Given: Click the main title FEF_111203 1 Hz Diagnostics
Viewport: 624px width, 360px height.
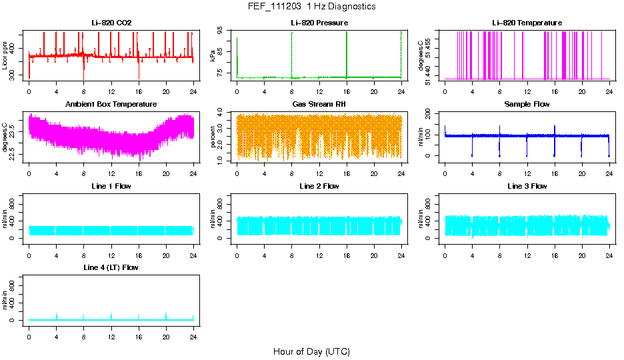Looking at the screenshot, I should click(311, 7).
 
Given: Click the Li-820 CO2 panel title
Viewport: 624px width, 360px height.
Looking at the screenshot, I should click(111, 23).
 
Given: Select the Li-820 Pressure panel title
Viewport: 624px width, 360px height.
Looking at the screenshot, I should click(319, 23).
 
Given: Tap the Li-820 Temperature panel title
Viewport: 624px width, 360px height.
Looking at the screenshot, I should click(527, 23).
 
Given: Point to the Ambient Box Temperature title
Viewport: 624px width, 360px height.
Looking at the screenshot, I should click(111, 105).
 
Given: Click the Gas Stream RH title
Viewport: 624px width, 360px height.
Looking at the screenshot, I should click(319, 105).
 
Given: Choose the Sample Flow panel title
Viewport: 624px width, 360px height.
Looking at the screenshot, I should click(527, 105).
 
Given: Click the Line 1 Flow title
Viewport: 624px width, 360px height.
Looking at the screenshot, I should click(111, 186).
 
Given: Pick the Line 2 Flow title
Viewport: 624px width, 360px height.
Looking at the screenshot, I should click(319, 186).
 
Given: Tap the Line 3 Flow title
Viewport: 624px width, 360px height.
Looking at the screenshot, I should click(527, 186).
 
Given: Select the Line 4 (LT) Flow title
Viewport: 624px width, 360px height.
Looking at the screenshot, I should click(111, 267).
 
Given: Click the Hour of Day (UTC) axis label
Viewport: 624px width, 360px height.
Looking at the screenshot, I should click(311, 351).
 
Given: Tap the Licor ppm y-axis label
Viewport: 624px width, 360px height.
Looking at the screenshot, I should click(5, 55).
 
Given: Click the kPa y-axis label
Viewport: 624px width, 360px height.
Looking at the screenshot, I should click(213, 55).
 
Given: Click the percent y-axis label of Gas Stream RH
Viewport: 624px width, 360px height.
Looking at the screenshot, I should click(213, 137).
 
